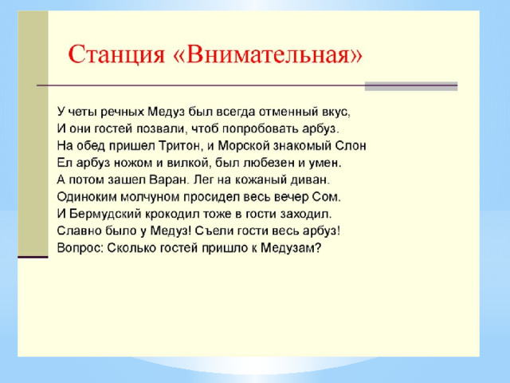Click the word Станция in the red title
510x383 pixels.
(x=116, y=54)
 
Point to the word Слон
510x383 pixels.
(x=351, y=145)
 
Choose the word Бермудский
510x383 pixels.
(x=105, y=214)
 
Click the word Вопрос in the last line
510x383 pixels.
(x=80, y=248)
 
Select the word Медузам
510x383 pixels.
(x=291, y=248)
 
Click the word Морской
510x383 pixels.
(x=244, y=145)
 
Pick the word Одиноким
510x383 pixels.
(x=87, y=197)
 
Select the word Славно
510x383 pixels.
(x=80, y=231)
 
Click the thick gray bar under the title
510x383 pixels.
(x=411, y=86)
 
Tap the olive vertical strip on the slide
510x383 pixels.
(x=33, y=133)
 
